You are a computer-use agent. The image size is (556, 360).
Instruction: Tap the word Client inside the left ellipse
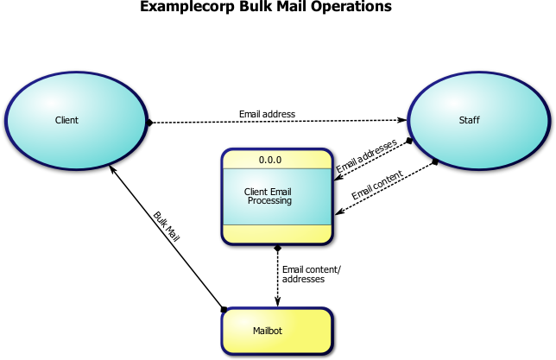coord(66,120)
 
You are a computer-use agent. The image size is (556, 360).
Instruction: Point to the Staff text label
coord(469,120)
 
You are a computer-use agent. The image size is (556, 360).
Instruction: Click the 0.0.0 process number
coord(270,160)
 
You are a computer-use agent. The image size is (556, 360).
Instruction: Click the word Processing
coord(269,201)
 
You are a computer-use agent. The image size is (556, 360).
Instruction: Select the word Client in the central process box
coord(256,192)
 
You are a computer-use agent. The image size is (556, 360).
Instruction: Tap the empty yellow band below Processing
coord(276,233)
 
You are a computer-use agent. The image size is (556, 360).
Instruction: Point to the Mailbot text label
coord(268,331)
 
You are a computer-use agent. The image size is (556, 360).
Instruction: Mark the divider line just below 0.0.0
coord(276,168)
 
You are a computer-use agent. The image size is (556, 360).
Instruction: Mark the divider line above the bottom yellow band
coord(276,224)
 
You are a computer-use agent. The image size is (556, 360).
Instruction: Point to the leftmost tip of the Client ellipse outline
coord(6,120)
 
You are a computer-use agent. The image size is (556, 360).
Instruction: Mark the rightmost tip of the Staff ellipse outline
coord(547,120)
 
